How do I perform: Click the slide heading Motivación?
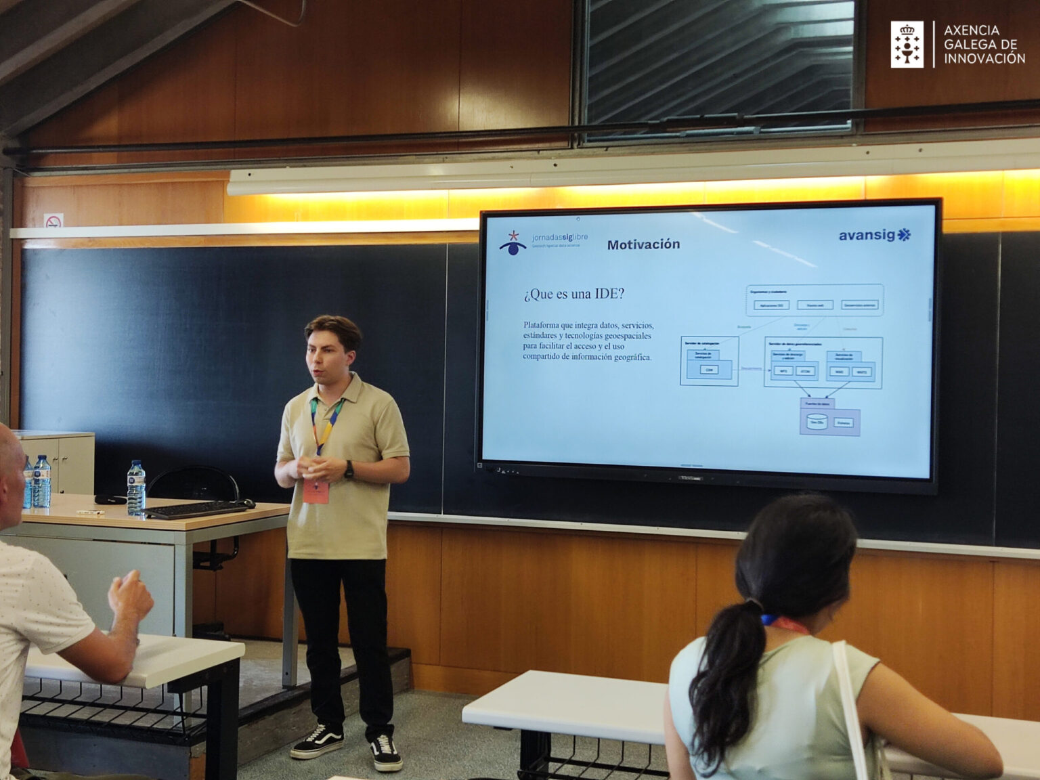[643, 244]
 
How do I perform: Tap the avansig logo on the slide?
[874, 235]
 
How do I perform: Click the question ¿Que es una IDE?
[573, 294]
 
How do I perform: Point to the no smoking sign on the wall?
[53, 221]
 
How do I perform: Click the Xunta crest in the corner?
[907, 45]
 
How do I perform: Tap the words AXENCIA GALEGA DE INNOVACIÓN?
[984, 45]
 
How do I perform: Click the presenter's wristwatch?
[349, 469]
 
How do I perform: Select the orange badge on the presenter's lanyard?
[316, 491]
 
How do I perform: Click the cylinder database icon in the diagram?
[816, 422]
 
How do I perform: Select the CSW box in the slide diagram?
[709, 370]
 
